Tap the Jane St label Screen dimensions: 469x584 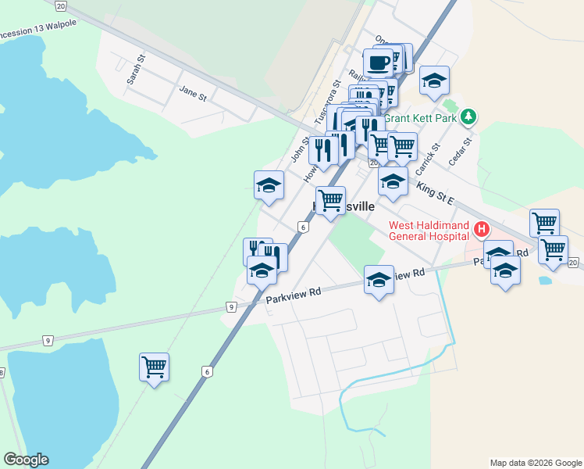[192, 93]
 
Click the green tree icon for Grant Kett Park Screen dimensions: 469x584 [468, 117]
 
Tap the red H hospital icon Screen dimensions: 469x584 [482, 229]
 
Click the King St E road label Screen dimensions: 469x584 [436, 190]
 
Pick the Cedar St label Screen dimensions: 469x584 [462, 152]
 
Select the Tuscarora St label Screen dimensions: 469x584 [328, 102]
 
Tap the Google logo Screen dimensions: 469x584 [26, 460]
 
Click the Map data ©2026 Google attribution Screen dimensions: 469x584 [536, 463]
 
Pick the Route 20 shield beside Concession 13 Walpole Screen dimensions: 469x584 [61, 5]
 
